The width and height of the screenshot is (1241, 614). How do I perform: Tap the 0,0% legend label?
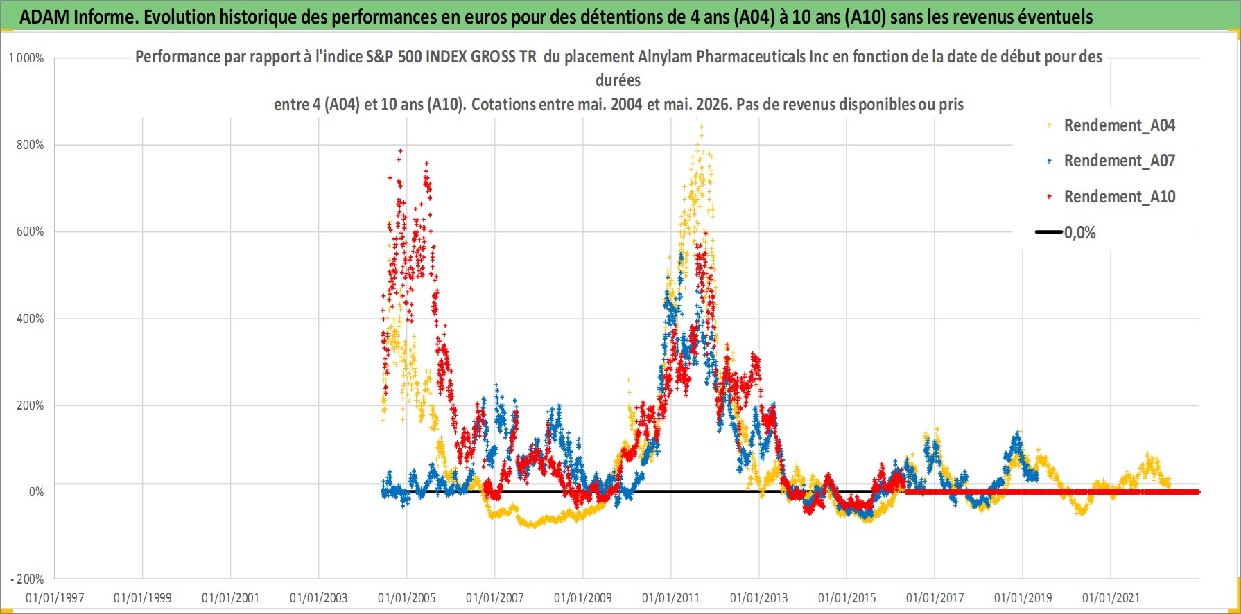pyautogui.click(x=1080, y=233)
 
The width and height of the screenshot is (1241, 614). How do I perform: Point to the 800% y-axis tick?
pyautogui.click(x=31, y=145)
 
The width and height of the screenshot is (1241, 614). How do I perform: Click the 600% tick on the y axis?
pyautogui.click(x=31, y=231)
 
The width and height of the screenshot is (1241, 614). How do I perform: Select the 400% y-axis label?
pyautogui.click(x=31, y=319)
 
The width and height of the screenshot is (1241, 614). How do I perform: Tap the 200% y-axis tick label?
pyautogui.click(x=31, y=405)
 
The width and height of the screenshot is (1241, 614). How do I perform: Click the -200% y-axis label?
pyautogui.click(x=28, y=579)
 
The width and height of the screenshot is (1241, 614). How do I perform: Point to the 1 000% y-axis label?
pyautogui.click(x=26, y=58)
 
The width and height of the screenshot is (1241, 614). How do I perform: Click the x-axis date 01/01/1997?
pyautogui.click(x=55, y=597)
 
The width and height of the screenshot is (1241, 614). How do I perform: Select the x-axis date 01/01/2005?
pyautogui.click(x=407, y=597)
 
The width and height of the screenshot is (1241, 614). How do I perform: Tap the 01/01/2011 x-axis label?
pyautogui.click(x=671, y=597)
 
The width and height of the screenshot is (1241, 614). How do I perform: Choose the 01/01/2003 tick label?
pyautogui.click(x=319, y=597)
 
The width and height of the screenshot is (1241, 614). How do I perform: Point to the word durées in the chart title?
pyautogui.click(x=618, y=80)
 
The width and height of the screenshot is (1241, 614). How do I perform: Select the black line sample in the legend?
pyautogui.click(x=1049, y=232)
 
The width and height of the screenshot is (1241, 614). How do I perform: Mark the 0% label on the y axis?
pyautogui.click(x=36, y=492)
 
